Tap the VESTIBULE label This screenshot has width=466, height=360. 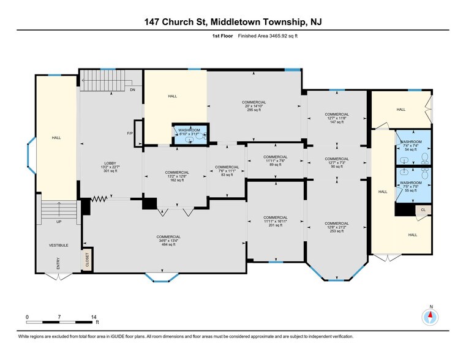59,246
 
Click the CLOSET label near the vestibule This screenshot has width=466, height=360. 87,260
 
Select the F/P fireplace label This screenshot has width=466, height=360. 130,133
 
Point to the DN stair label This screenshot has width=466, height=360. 132,89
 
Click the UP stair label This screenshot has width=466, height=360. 59,222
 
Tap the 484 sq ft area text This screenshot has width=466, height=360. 168,244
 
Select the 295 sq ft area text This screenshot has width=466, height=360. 254,110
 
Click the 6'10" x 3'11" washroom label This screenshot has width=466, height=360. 189,134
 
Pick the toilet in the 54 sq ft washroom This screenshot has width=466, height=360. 425,158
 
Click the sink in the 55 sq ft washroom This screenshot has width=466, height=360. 405,172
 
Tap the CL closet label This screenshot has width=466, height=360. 423,210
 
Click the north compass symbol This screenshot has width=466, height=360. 430,317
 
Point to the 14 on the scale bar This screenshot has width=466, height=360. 94,317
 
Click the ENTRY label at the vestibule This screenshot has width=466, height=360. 58,263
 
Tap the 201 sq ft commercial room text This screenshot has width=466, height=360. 275,225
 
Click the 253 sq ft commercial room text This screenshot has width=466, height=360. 337,231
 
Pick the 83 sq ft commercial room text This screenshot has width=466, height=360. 227,174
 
